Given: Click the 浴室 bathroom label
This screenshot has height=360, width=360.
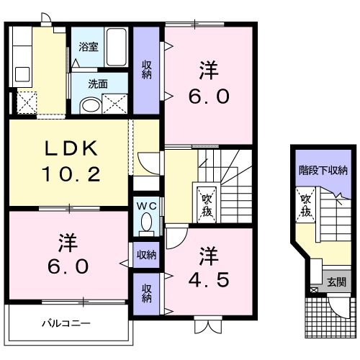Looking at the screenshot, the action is pyautogui.click(x=89, y=47).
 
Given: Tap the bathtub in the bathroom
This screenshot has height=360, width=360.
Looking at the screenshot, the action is pyautogui.click(x=117, y=47).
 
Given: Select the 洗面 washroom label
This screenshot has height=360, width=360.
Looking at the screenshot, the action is pyautogui.click(x=98, y=84).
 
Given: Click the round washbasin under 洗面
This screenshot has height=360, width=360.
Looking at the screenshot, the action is pyautogui.click(x=91, y=105).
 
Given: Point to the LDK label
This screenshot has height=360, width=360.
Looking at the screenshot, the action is pyautogui.click(x=71, y=148).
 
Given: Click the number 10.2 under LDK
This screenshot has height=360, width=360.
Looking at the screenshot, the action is pyautogui.click(x=71, y=174).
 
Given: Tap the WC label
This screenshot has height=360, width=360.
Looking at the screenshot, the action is pyautogui.click(x=147, y=206).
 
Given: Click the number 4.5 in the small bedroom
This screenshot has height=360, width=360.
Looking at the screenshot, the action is pyautogui.click(x=208, y=280).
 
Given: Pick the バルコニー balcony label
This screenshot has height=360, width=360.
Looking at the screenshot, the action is pyautogui.click(x=66, y=323).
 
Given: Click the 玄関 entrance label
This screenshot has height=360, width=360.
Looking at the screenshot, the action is pyautogui.click(x=337, y=282).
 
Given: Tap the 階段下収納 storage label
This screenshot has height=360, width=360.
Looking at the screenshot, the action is pyautogui.click(x=323, y=171).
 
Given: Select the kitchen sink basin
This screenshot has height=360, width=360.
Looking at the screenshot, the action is pyautogui.click(x=22, y=74).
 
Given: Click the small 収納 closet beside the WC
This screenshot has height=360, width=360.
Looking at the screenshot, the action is pyautogui.click(x=146, y=255).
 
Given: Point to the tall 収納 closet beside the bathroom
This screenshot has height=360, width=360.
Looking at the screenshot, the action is pyautogui.click(x=146, y=70).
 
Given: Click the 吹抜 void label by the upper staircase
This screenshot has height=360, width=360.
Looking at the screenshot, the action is pyautogui.click(x=207, y=205).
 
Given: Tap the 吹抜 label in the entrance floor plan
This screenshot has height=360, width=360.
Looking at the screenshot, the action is pyautogui.click(x=306, y=205).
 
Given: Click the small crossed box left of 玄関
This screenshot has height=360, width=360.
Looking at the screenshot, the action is pyautogui.click(x=313, y=290).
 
